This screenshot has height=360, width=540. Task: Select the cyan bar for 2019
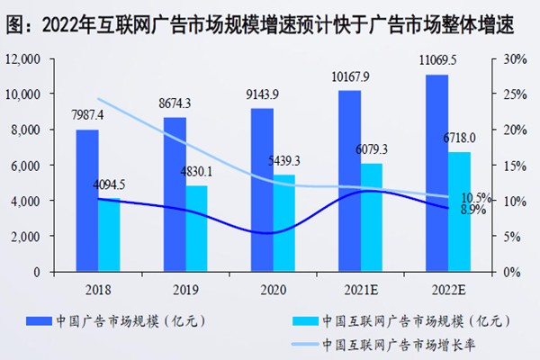tap(197, 229)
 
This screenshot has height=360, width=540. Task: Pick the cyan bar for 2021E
tap(370, 217)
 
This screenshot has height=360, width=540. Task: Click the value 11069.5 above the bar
tap(439, 61)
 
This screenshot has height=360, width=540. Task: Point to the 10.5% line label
tap(475, 197)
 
